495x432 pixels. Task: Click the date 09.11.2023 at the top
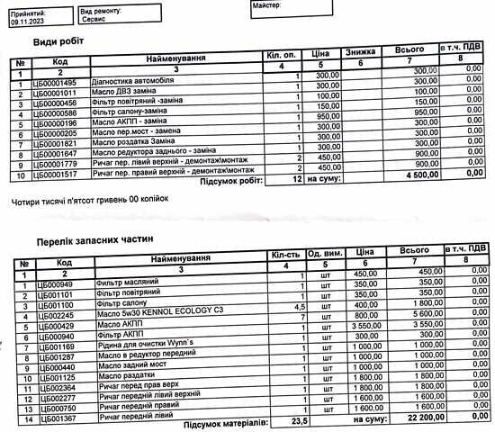point(24,24)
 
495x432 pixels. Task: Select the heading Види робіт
point(59,43)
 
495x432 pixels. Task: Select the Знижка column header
point(361,53)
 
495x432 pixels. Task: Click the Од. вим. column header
point(322,255)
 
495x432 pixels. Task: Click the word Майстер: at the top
point(270,6)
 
